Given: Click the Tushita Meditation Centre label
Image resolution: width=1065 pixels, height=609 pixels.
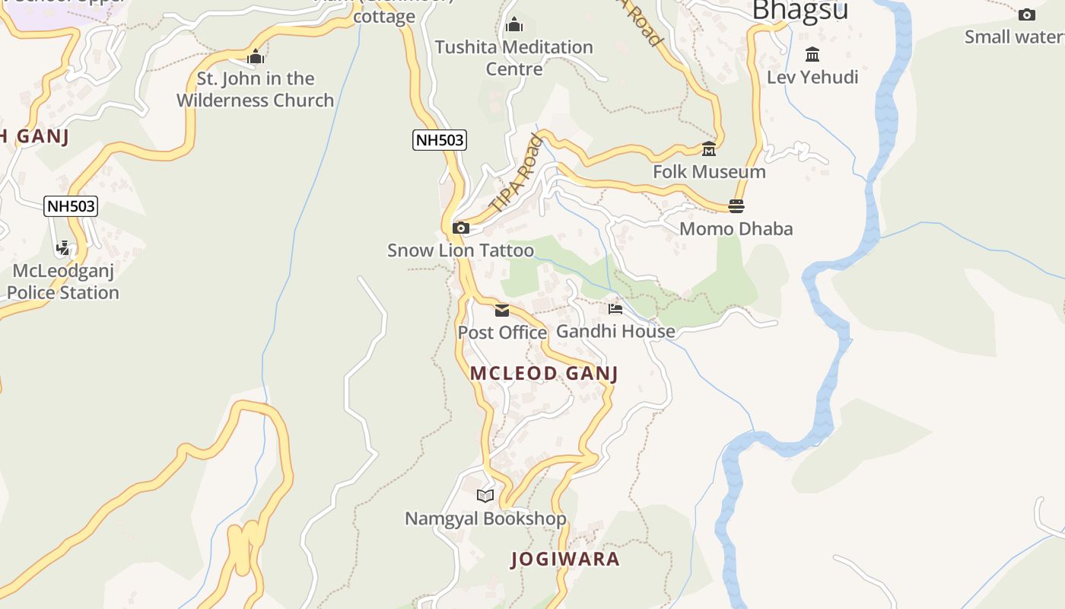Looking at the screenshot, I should pos(513,58).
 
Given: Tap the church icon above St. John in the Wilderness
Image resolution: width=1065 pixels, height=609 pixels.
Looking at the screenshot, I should pos(256,57).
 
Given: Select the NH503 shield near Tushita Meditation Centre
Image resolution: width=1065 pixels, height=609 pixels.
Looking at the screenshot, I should pos(439,140).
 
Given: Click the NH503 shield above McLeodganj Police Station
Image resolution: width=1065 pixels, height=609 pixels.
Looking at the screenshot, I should pos(71,206).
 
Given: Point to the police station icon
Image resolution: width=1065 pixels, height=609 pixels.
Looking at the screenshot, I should pos(63,248).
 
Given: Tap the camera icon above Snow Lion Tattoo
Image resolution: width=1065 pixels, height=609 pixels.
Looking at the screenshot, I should pos(460,228).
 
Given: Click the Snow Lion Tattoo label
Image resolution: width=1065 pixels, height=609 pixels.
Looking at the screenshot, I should pos(460,250).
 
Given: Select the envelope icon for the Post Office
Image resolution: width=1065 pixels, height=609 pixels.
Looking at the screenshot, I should pos(502,310).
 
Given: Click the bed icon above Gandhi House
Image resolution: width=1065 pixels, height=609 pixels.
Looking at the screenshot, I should pos(615,308).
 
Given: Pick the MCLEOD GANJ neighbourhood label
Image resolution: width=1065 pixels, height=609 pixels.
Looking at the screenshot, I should pos(544,373).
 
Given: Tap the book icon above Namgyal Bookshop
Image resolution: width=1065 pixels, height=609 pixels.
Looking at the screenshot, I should pos(485,496).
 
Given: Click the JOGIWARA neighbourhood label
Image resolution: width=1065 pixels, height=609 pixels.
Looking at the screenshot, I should pos(565,559).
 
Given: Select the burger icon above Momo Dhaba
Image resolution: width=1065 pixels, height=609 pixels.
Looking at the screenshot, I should pos(736,206).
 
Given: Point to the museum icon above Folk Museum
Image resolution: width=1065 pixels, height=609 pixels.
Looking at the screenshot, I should pos(709,149).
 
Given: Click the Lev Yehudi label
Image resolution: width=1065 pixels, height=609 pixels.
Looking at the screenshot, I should pos(812,77).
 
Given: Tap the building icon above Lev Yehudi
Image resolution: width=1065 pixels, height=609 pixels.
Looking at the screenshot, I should pos(812,55).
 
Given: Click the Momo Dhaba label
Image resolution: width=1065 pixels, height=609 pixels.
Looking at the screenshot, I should pos(736,228).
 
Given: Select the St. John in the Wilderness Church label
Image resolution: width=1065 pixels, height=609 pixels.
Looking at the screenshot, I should pos(256,89).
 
